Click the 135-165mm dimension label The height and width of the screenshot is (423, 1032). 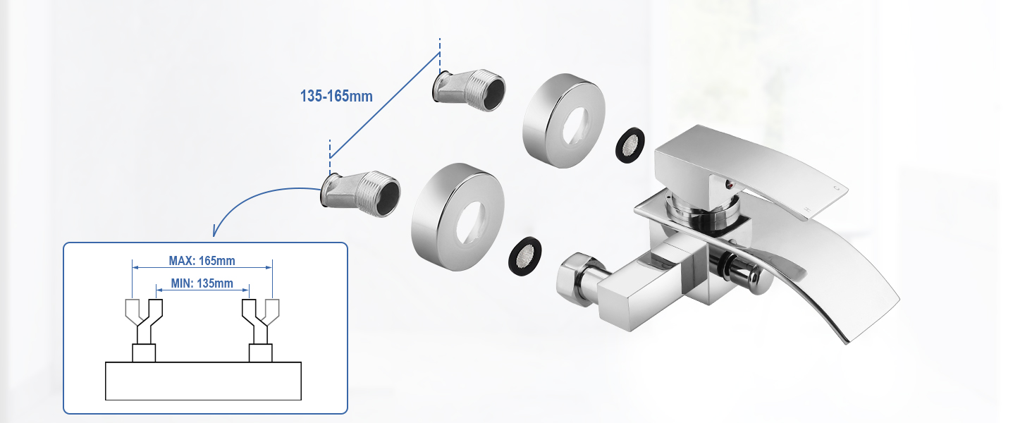336,97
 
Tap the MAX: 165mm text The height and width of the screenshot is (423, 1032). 202,261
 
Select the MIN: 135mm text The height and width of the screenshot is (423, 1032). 202,283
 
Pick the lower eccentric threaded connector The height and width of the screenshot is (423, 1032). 360,195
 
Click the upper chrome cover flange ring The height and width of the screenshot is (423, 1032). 563,121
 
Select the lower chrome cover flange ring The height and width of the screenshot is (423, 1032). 457,216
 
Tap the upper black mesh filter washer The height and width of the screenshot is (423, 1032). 629,145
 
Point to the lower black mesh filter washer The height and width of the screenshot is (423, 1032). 524,256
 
